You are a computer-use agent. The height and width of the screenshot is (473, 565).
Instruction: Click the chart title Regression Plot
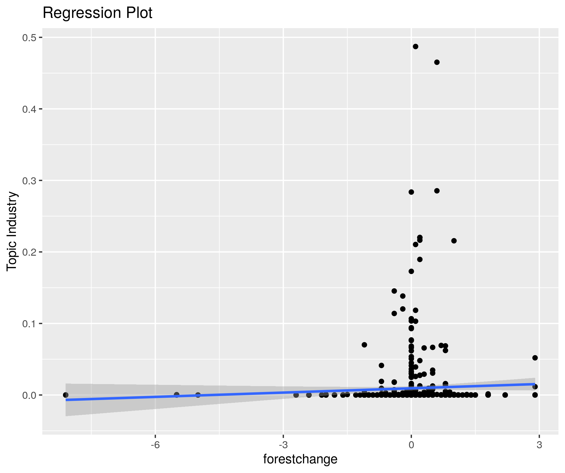pos(97,13)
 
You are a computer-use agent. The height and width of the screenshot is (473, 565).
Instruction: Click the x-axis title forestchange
pos(300,459)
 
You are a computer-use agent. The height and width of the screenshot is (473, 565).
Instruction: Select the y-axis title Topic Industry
pos(12,231)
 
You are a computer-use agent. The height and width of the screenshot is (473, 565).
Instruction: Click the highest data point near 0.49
pos(415,47)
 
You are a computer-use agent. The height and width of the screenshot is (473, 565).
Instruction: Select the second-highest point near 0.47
pos(437,62)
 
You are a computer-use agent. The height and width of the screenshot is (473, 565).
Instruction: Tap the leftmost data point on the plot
pos(66,395)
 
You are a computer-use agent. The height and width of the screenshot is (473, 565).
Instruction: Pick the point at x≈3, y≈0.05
pos(535,358)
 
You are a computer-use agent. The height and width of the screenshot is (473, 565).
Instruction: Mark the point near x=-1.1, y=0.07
pos(364,345)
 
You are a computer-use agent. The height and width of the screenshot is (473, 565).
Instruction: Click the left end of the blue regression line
pos(66,400)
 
